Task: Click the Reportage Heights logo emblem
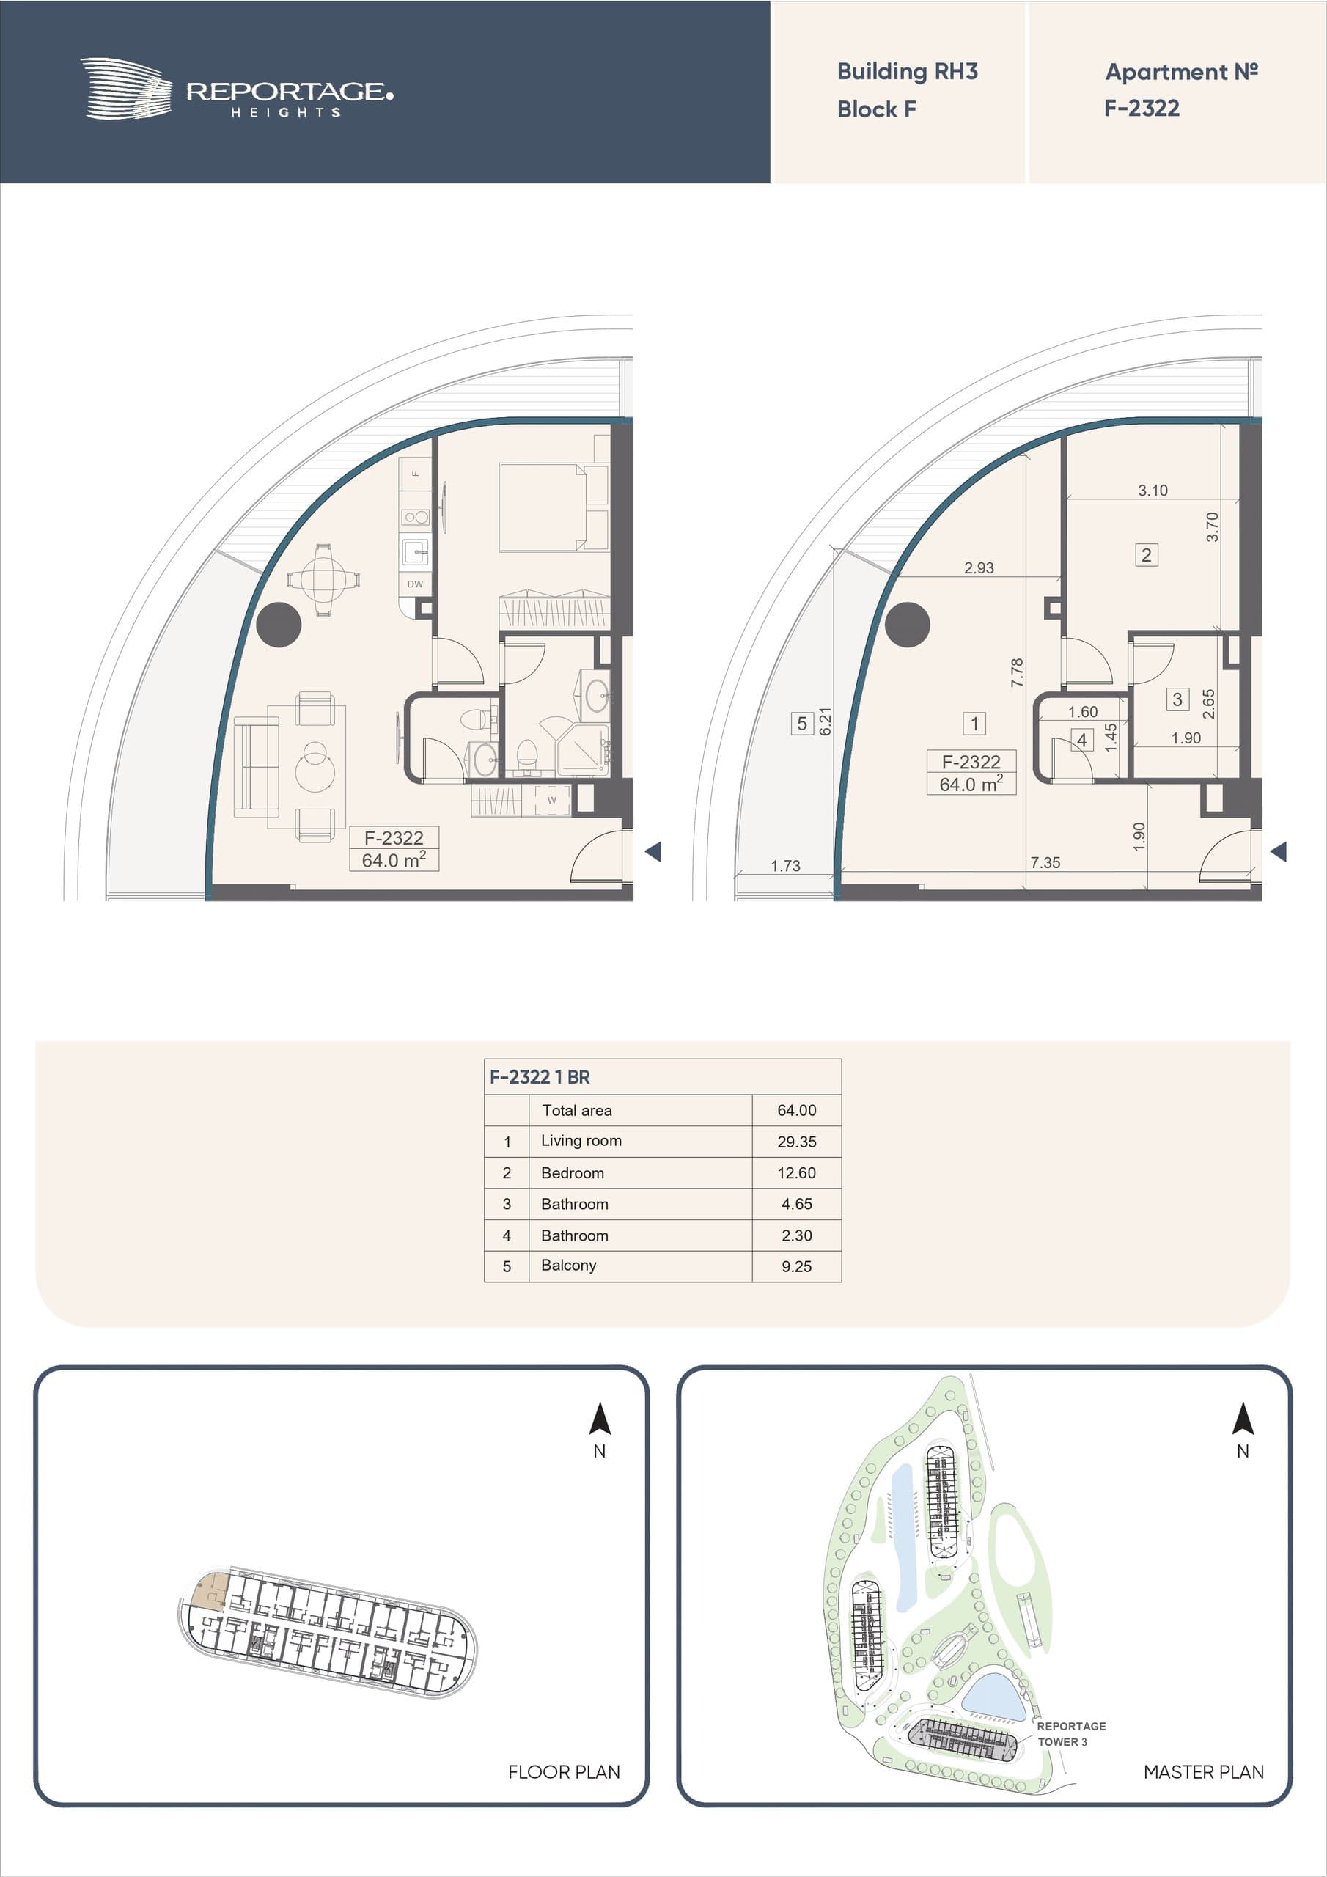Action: (x=126, y=88)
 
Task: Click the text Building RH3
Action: (x=907, y=72)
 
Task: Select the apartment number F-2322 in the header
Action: (x=1142, y=108)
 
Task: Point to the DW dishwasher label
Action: (x=416, y=584)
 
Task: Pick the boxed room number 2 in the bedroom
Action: (x=1147, y=555)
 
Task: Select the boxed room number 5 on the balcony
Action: (x=802, y=724)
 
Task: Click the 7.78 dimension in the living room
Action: (x=1016, y=672)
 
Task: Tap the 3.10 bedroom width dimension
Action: (x=1153, y=491)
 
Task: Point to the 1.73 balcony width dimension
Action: (x=786, y=866)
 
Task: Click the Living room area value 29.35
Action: (x=796, y=1142)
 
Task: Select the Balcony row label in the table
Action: (x=568, y=1266)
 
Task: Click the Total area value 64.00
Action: (x=796, y=1110)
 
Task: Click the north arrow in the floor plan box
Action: (x=600, y=1418)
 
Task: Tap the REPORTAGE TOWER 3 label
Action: (x=1071, y=1734)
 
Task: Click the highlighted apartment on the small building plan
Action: (x=209, y=1592)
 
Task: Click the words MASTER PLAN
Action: (x=1204, y=1772)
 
